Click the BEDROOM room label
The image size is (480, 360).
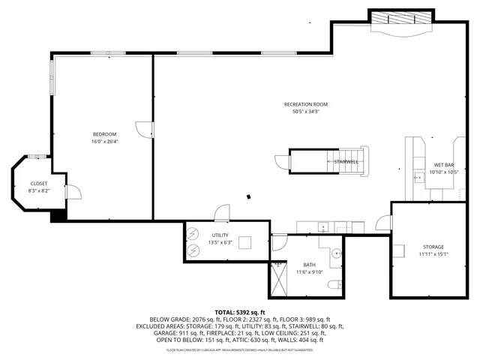pyautogui.click(x=104, y=133)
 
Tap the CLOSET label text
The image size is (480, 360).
pyautogui.click(x=39, y=184)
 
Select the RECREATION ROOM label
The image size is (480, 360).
pyautogui.click(x=305, y=104)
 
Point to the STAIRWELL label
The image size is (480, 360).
pyautogui.click(x=346, y=161)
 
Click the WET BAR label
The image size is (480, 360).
pyautogui.click(x=444, y=165)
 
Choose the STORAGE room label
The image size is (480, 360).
pyautogui.click(x=433, y=247)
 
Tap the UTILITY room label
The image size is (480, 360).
pyautogui.click(x=220, y=235)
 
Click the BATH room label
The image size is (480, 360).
pyautogui.click(x=309, y=265)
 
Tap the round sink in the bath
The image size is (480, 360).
pyautogui.click(x=335, y=252)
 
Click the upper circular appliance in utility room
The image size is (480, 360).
pyautogui.click(x=193, y=232)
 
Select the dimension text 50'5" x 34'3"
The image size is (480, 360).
pyautogui.click(x=305, y=112)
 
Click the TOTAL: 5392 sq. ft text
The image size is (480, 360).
pyautogui.click(x=240, y=312)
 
